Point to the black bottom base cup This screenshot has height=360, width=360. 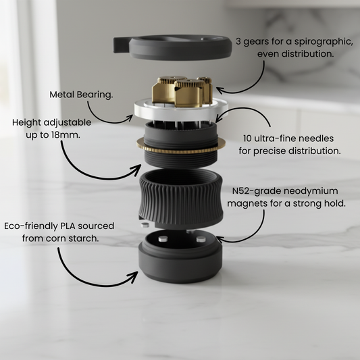(x=180, y=261)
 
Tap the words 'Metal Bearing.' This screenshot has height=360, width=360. (x=81, y=95)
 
